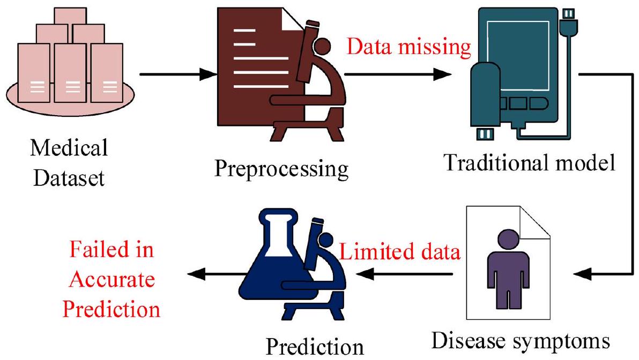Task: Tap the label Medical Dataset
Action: [69, 162]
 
